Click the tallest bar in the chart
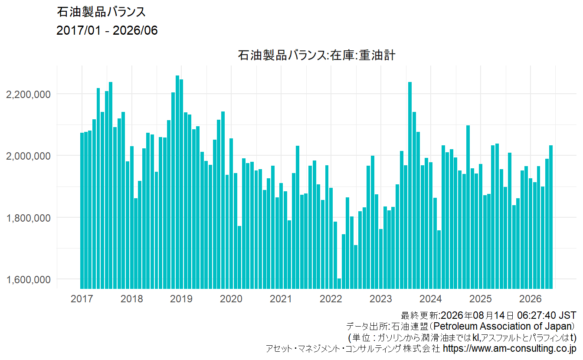pos(177,182)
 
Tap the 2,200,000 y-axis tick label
pos(28,95)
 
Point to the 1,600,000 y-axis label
pos(28,280)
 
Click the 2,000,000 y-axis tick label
pos(28,156)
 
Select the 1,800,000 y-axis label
pos(28,218)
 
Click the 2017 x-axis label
pos(82,299)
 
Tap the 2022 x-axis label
pos(331,299)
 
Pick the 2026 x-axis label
pos(531,299)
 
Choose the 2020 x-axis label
pos(231,299)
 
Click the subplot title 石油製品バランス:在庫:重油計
pos(317,56)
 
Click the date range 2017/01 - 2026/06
pos(107,30)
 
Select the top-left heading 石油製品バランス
pos(101,12)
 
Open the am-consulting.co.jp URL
pos(510,348)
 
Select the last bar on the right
pos(551,217)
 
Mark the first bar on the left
pos(82,211)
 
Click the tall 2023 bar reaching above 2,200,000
pos(410,185)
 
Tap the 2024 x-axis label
pos(430,299)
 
